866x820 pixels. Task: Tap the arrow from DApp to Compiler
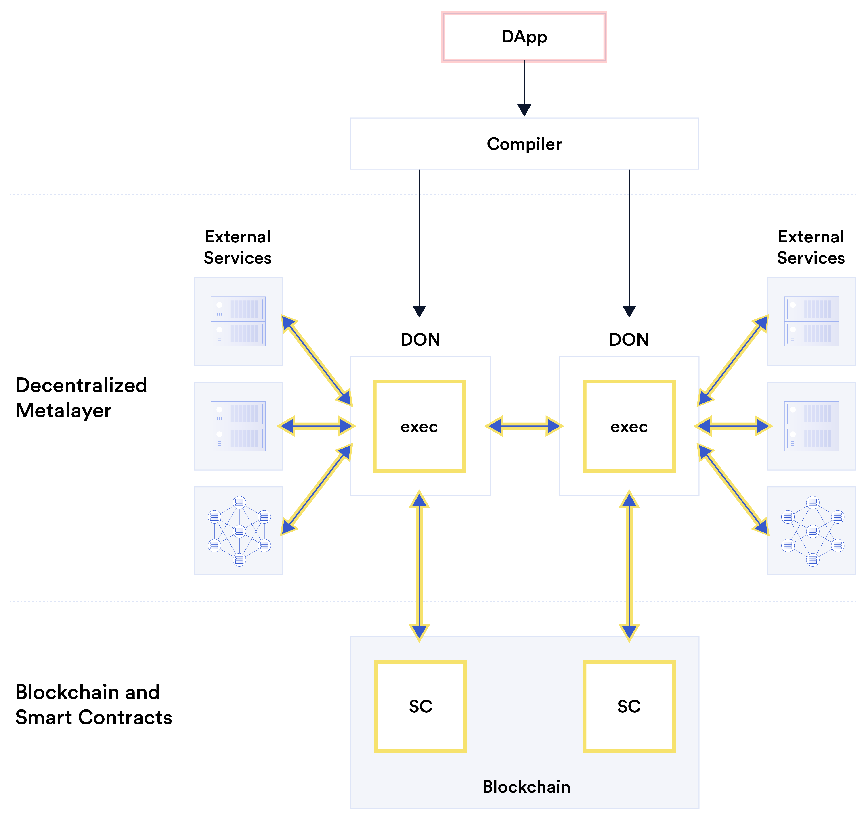point(524,88)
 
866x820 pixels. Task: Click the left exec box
point(419,426)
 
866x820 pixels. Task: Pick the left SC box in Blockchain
point(420,706)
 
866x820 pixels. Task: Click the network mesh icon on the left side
point(239,531)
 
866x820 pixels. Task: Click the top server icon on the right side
point(811,321)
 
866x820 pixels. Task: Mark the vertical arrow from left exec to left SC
point(419,566)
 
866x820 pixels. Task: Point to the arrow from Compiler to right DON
point(629,240)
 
